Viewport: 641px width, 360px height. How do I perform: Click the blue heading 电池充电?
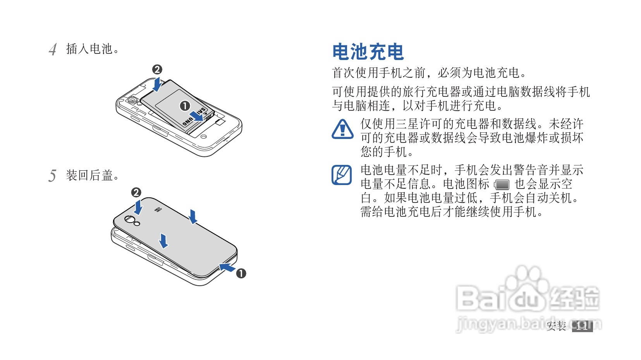pyautogui.click(x=368, y=52)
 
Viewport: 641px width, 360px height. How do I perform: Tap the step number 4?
pyautogui.click(x=53, y=50)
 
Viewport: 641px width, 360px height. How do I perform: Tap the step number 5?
pyautogui.click(x=52, y=176)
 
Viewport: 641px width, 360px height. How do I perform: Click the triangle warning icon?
pyautogui.click(x=342, y=129)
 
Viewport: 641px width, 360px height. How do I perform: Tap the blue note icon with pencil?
pyautogui.click(x=342, y=175)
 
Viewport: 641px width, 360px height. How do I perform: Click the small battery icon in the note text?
pyautogui.click(x=502, y=185)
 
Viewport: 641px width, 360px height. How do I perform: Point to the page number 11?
pyautogui.click(x=582, y=326)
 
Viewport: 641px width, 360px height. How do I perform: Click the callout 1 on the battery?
pyautogui.click(x=185, y=106)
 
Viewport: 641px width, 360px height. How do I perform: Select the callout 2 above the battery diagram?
pyautogui.click(x=157, y=70)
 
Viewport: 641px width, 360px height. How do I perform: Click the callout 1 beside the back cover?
pyautogui.click(x=241, y=273)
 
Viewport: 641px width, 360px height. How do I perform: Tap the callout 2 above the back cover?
pyautogui.click(x=136, y=192)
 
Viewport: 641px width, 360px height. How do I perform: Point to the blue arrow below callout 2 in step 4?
pyautogui.click(x=157, y=84)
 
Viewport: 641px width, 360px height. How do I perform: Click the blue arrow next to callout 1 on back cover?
pyautogui.click(x=227, y=267)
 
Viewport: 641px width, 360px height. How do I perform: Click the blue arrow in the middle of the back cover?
pyautogui.click(x=164, y=240)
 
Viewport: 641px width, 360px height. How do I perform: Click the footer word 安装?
pyautogui.click(x=556, y=326)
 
